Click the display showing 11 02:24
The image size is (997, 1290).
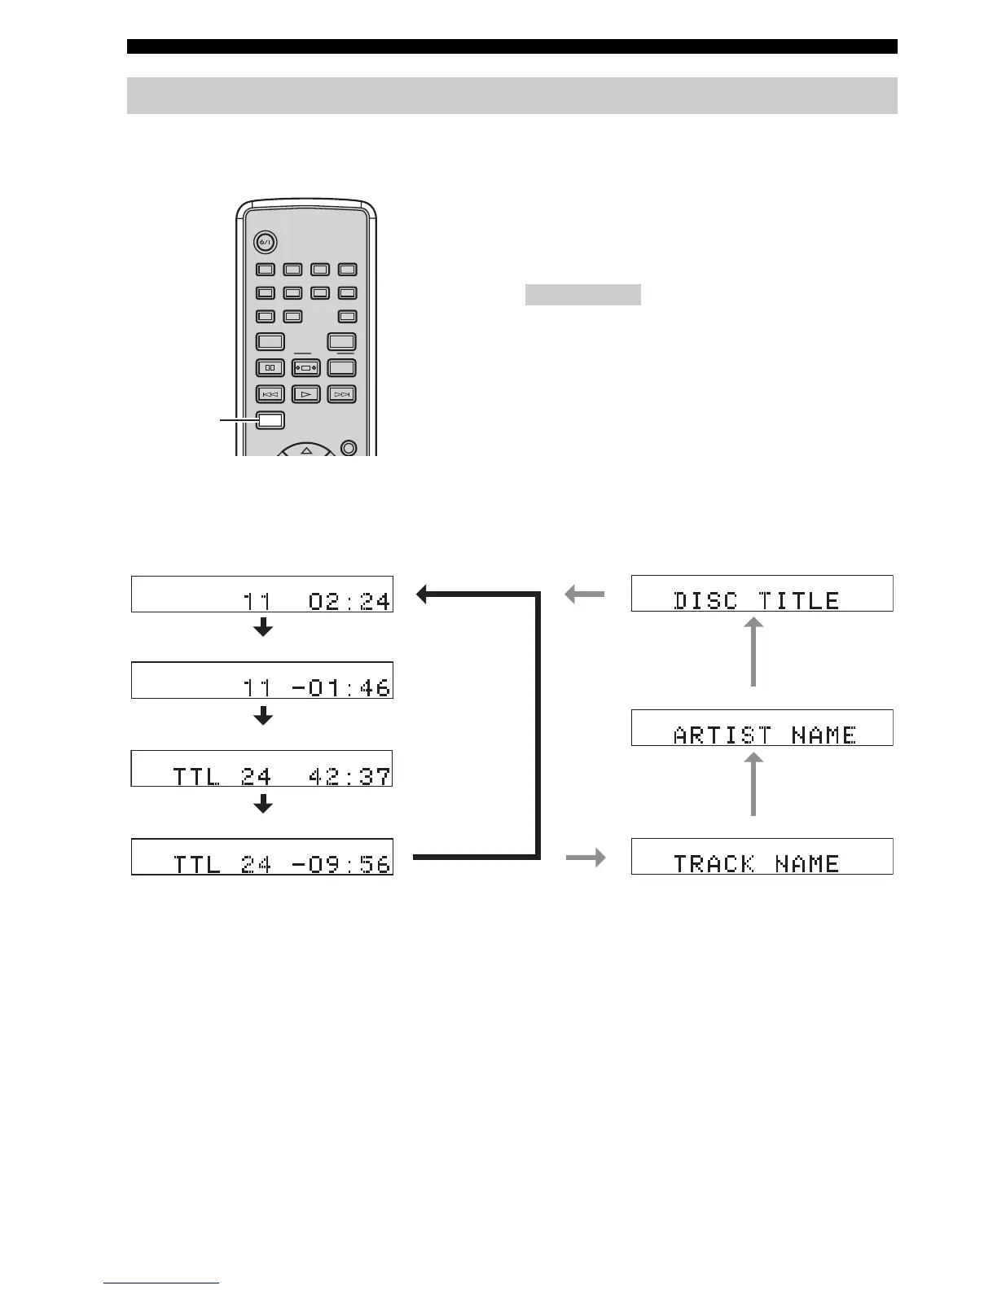coord(261,594)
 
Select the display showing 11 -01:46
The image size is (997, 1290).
coord(261,680)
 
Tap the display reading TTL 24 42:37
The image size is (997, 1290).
coord(261,768)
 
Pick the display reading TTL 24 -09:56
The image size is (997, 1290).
coord(261,856)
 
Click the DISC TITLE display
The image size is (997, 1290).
coord(762,593)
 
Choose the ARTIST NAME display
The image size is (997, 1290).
coord(762,727)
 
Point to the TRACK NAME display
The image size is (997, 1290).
coord(762,856)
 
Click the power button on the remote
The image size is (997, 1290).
coord(265,242)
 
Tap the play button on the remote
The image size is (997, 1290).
coord(305,394)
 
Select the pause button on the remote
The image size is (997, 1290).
coord(270,368)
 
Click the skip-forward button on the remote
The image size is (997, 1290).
coord(342,394)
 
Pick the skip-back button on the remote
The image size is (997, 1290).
coord(270,394)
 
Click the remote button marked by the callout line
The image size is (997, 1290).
coord(270,420)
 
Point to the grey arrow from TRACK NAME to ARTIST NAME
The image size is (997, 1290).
coord(753,784)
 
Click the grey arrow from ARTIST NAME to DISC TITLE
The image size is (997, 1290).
coord(753,652)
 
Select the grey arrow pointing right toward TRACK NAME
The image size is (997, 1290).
coord(586,857)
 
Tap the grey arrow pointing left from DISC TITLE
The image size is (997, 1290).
coord(585,595)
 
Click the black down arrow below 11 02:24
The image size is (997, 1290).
coord(262,628)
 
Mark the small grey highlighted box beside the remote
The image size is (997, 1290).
coord(582,294)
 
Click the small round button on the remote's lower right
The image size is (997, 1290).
coord(349,447)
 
